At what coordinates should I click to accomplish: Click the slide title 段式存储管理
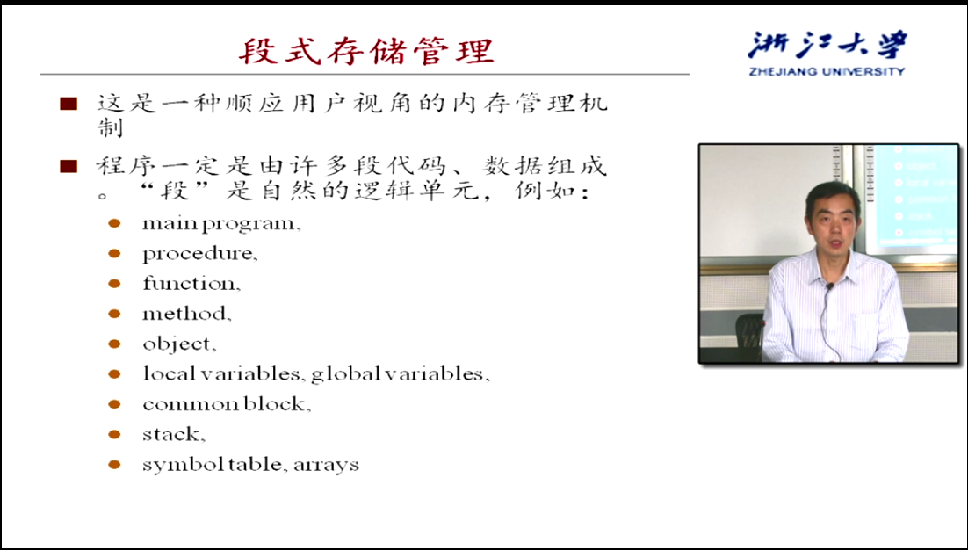(x=366, y=51)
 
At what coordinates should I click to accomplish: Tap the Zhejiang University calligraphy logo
(x=827, y=46)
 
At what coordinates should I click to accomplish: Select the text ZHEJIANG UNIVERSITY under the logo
(x=827, y=71)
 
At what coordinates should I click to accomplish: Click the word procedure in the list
(x=198, y=254)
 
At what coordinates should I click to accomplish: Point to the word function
(x=189, y=283)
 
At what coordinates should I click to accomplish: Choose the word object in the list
(x=177, y=344)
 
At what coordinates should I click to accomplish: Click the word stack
(x=171, y=434)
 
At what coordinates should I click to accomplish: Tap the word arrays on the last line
(x=326, y=465)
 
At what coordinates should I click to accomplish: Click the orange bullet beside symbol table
(x=114, y=464)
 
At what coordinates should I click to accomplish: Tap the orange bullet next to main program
(x=114, y=223)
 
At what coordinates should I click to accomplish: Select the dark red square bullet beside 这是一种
(x=69, y=103)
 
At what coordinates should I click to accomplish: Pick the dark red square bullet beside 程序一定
(x=69, y=166)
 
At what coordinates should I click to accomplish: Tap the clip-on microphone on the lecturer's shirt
(x=830, y=286)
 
